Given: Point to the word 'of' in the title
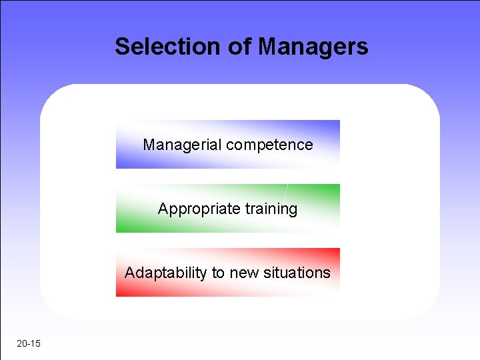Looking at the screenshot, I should click(x=243, y=47).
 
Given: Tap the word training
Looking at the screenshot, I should click(x=271, y=209).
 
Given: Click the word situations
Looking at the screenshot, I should click(x=297, y=273).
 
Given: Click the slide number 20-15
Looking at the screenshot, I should click(x=29, y=344).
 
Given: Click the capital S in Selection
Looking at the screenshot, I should click(x=122, y=47).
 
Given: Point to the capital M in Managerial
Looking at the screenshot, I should click(x=148, y=145).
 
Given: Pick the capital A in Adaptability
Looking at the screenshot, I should click(x=130, y=273).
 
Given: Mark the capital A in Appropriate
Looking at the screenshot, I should click(x=163, y=209).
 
